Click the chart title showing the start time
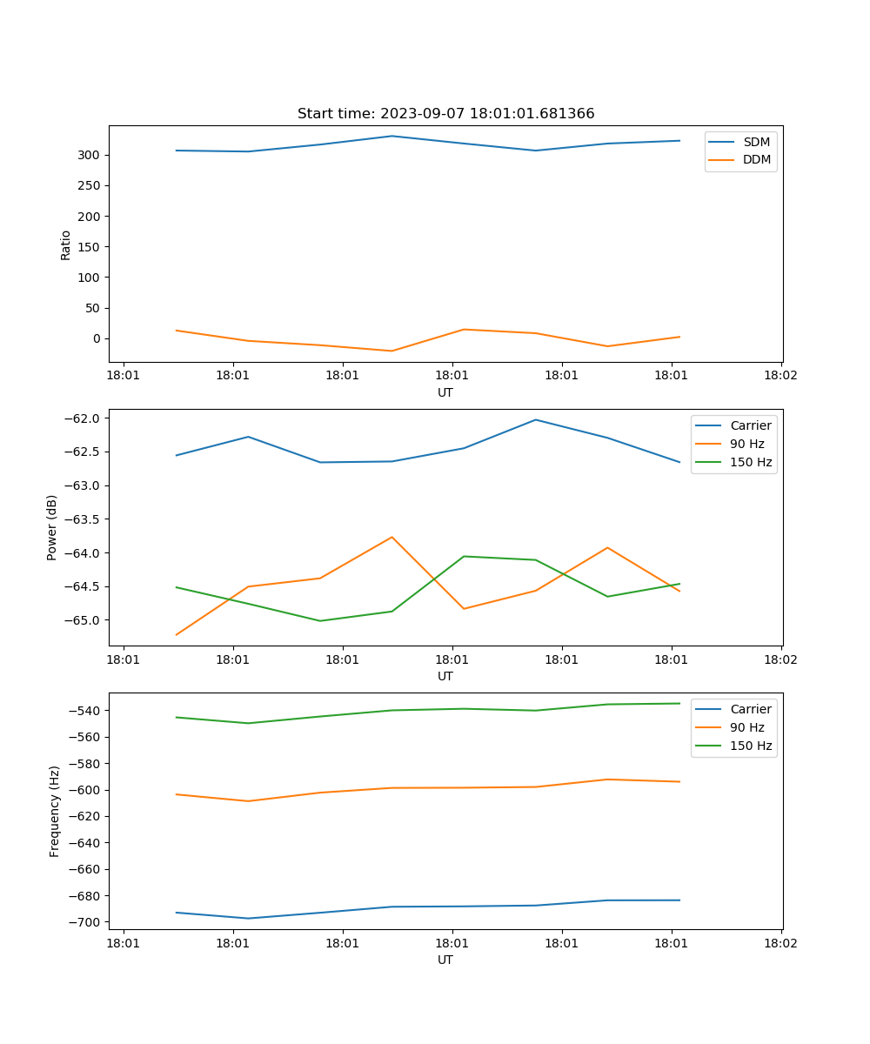click(x=445, y=114)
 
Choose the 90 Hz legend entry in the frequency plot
click(x=746, y=727)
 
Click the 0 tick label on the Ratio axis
click(x=97, y=338)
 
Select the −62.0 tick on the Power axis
click(x=83, y=418)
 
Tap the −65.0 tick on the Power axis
click(x=83, y=620)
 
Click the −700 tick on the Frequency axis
click(x=86, y=922)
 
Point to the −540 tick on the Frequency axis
click(x=86, y=711)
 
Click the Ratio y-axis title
click(x=66, y=244)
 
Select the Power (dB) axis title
click(x=52, y=527)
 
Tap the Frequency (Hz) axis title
click(x=55, y=811)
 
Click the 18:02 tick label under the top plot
click(x=780, y=376)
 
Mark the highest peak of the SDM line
click(x=392, y=136)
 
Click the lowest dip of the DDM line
click(x=392, y=351)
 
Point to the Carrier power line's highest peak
click(x=536, y=419)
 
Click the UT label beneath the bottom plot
click(x=445, y=960)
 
